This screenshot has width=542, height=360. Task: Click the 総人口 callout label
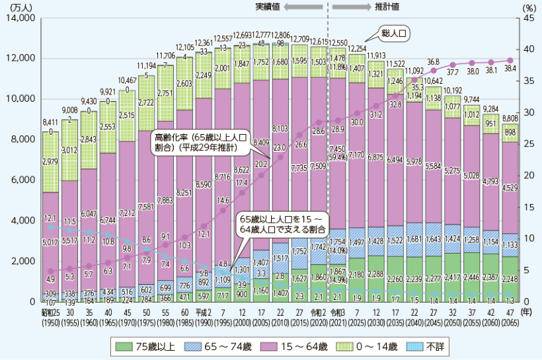click(397, 32)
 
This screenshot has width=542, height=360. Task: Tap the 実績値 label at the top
click(269, 6)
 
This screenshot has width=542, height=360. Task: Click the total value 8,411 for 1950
click(50, 122)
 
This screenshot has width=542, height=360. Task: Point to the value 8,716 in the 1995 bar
click(223, 177)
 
